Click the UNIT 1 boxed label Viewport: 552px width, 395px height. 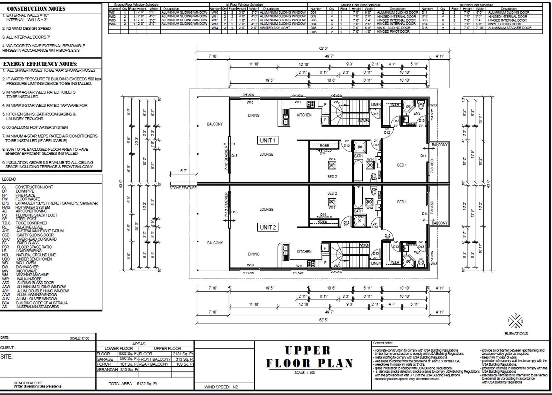point(267,141)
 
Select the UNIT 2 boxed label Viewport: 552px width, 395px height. point(267,227)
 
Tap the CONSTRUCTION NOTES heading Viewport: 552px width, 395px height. point(36,9)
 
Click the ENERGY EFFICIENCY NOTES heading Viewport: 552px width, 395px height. point(40,64)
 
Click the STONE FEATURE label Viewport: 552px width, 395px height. point(183,188)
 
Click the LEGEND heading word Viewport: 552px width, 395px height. point(9,179)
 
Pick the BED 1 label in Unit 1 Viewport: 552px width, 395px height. point(402,165)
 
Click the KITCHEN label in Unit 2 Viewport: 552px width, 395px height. point(304,252)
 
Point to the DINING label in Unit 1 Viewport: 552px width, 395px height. point(254,115)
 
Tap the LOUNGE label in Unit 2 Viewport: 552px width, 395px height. point(266,209)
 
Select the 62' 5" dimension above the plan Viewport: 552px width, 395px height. point(322,49)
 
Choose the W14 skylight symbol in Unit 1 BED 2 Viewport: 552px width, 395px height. point(332,165)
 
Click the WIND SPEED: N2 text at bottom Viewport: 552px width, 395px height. point(221,387)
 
